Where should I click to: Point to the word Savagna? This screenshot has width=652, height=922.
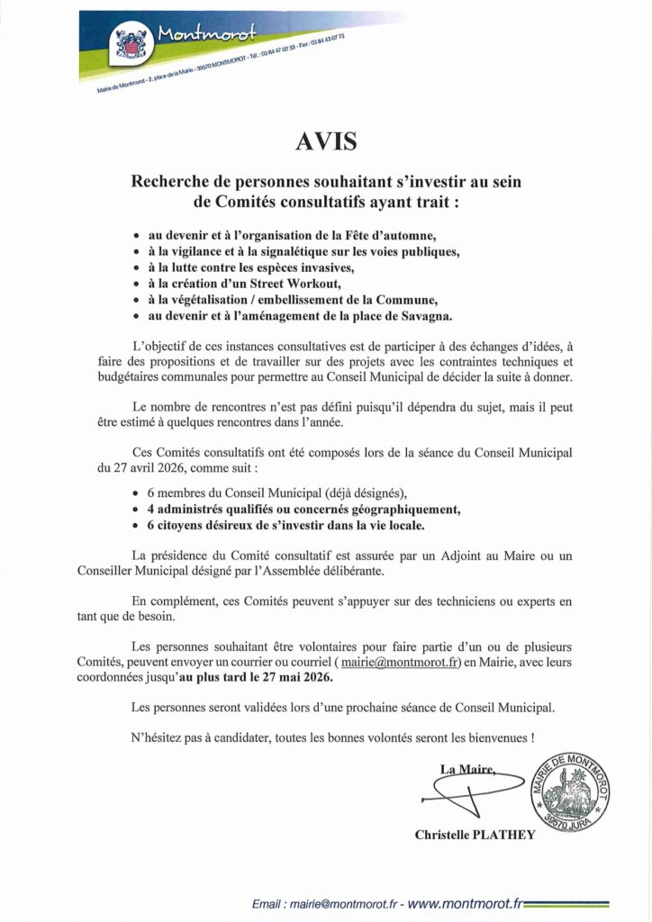[421, 316]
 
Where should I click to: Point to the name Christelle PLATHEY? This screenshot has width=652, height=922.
[475, 835]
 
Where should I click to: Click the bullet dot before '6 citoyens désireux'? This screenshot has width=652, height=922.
[136, 525]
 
